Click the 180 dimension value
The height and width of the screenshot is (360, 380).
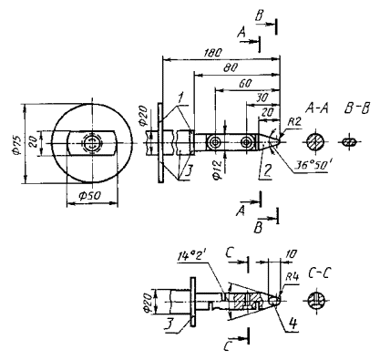pyautogui.click(x=212, y=52)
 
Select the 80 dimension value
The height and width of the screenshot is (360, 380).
pyautogui.click(x=231, y=68)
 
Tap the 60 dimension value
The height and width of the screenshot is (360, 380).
pyautogui.click(x=244, y=84)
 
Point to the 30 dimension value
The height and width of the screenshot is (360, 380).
pyautogui.click(x=262, y=98)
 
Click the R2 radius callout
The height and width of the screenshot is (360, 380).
pyautogui.click(x=294, y=122)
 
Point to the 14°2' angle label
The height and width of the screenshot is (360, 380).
pyautogui.click(x=193, y=257)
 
